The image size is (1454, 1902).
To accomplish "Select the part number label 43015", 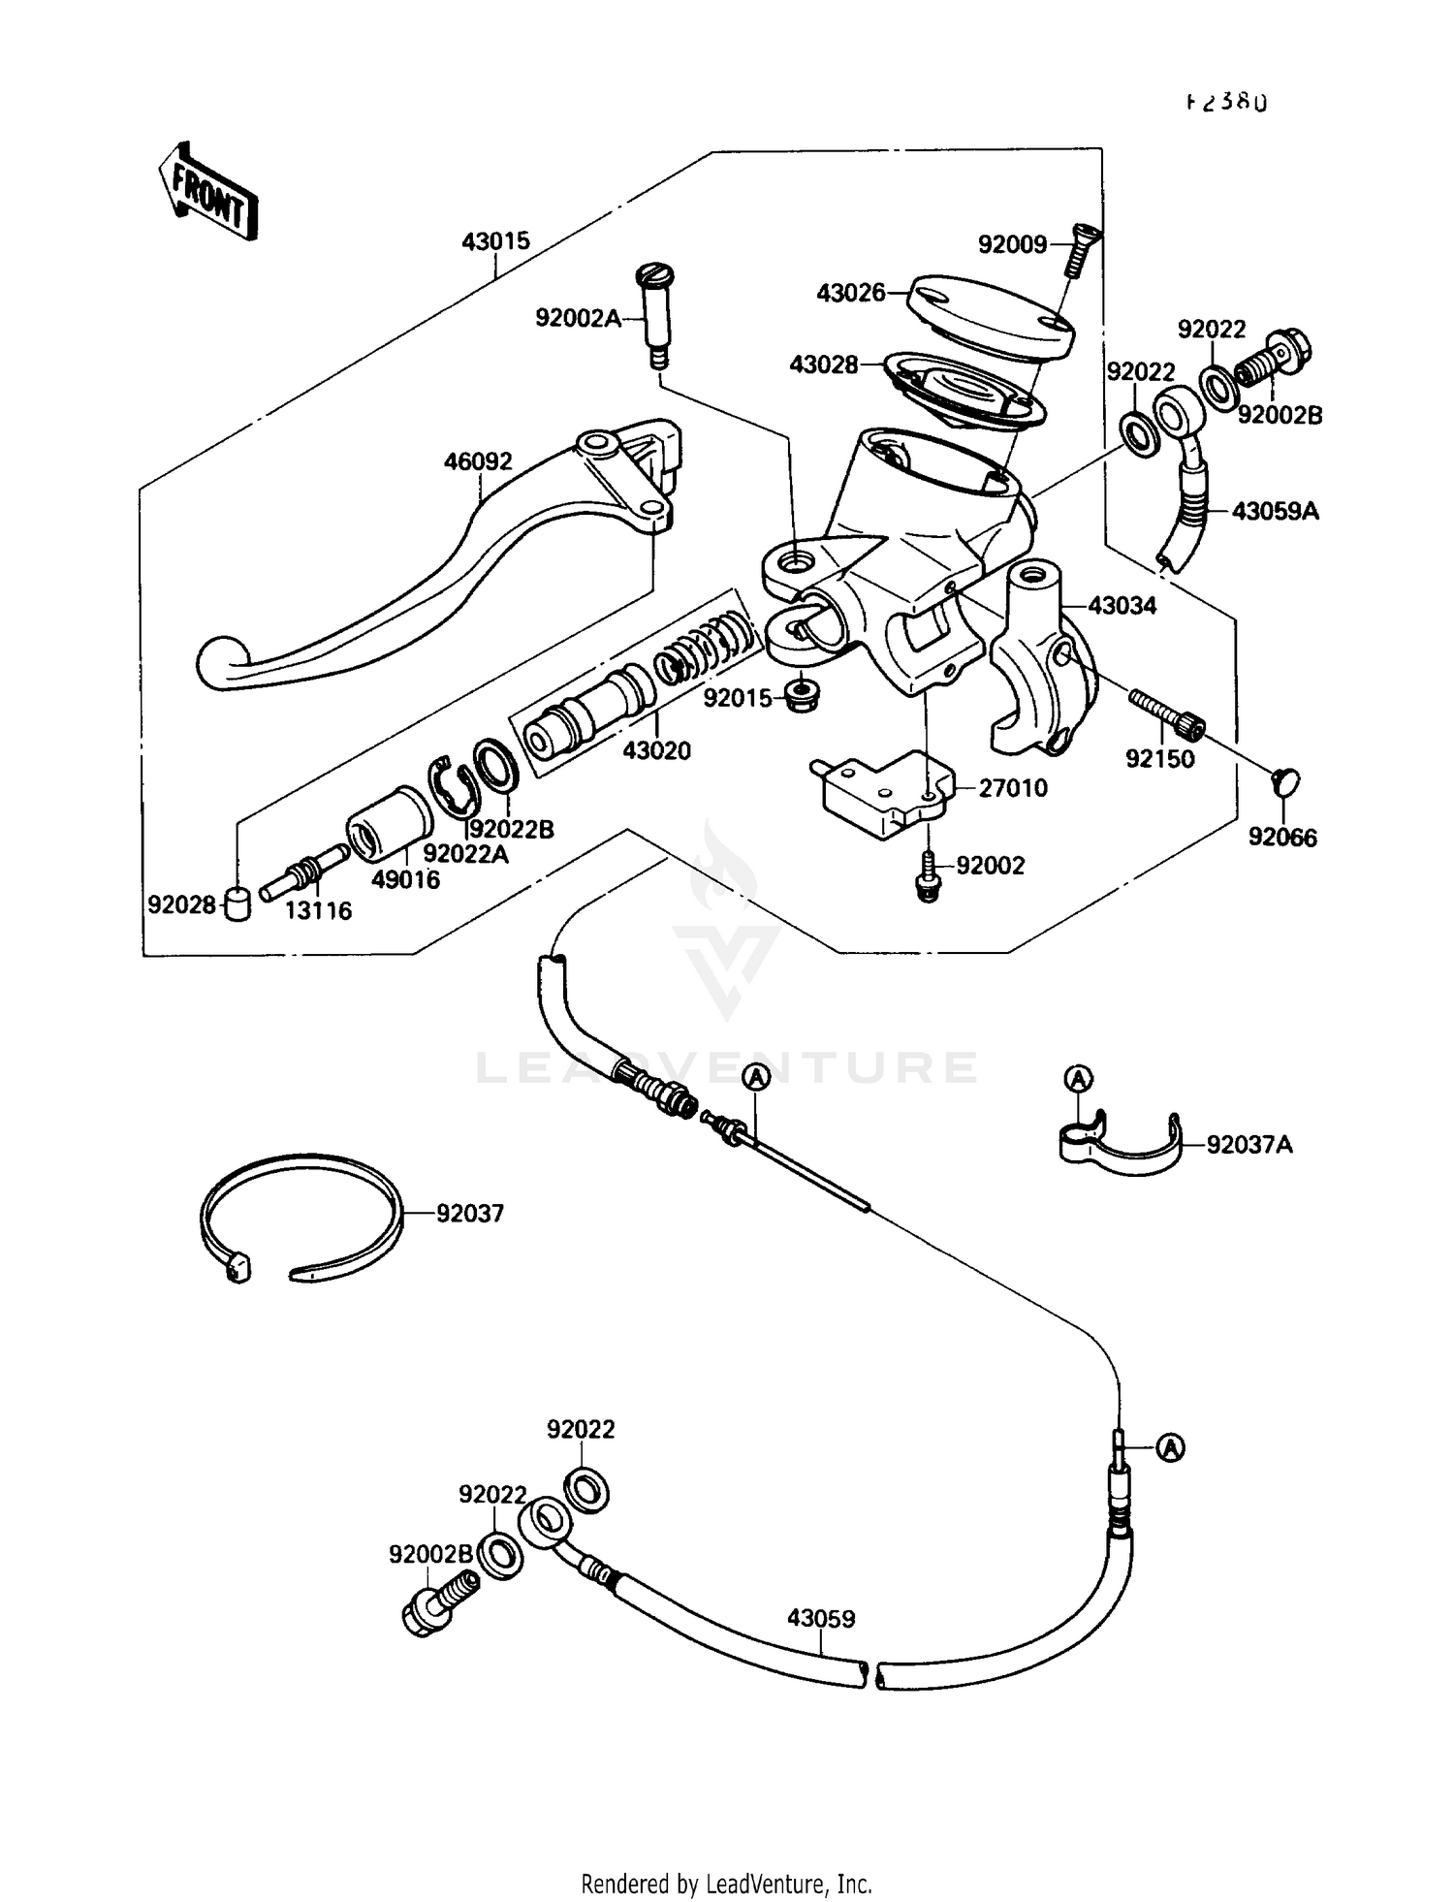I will tap(495, 241).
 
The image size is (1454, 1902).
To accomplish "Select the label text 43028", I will tap(823, 365).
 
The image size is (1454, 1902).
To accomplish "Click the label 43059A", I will tap(1275, 511).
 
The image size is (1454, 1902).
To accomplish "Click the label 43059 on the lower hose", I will tap(820, 1619).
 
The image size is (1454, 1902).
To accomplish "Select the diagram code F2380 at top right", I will tap(1226, 102).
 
